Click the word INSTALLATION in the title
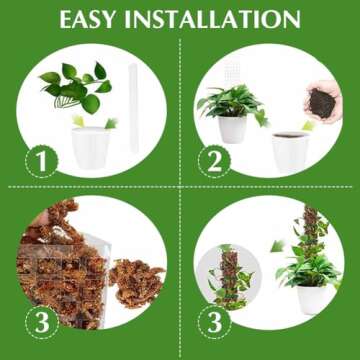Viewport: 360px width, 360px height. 222,19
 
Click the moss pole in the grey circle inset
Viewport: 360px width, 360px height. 229,270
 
